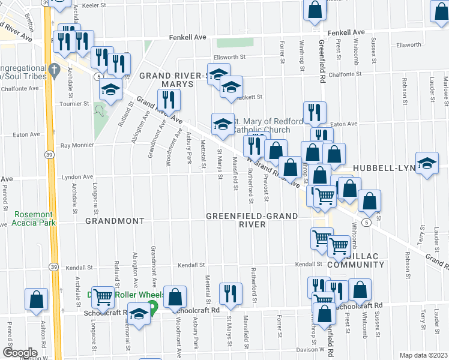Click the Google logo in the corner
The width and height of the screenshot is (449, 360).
click(20, 353)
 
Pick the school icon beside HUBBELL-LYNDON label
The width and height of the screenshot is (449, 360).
click(427, 163)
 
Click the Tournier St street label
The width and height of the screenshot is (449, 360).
click(74, 103)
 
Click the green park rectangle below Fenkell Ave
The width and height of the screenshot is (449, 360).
click(235, 43)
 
